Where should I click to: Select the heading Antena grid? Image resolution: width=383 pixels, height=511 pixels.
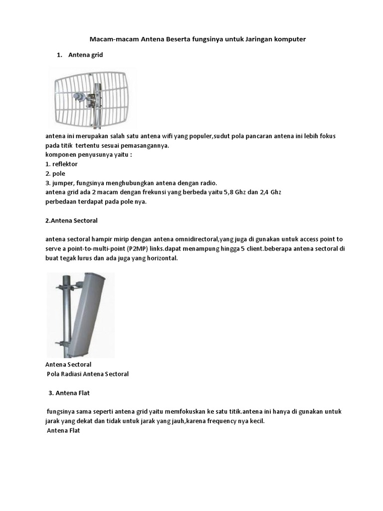coord(85,55)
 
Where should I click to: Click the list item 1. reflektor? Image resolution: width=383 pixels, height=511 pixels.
coord(61,164)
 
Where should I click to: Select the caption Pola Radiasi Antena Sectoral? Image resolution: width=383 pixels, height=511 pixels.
coord(87,374)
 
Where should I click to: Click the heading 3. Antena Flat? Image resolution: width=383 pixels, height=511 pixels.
coord(69,393)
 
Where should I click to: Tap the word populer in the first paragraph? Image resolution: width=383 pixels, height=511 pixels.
coord(199,136)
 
